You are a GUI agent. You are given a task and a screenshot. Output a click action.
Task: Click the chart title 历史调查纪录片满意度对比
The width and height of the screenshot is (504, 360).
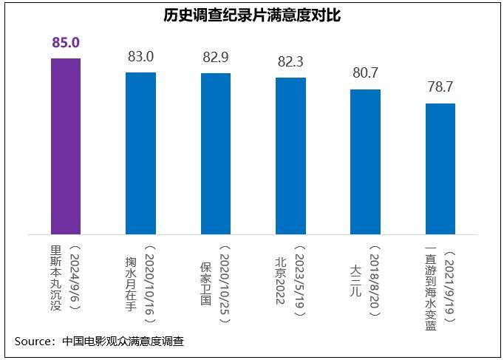[252, 15]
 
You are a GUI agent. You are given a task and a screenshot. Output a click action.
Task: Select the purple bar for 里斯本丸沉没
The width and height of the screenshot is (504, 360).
[66, 146]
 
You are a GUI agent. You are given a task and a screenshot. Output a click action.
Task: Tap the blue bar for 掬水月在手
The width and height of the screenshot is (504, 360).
[140, 153]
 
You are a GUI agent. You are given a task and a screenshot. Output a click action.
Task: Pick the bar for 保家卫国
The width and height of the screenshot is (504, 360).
[215, 154]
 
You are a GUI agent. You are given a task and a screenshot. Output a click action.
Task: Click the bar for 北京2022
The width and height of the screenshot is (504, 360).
[290, 155]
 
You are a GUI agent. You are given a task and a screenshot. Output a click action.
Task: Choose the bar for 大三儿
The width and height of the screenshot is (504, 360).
[365, 162]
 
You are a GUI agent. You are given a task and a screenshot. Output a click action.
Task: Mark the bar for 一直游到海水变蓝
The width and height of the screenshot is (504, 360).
[440, 169]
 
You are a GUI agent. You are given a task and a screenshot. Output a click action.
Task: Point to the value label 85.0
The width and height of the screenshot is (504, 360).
[66, 43]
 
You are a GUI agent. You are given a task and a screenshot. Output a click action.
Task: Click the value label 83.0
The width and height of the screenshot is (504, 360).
[140, 56]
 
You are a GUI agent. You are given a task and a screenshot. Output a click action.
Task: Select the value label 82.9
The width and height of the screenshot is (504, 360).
[215, 57]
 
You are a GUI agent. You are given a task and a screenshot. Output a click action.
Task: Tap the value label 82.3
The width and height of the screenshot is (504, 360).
[290, 61]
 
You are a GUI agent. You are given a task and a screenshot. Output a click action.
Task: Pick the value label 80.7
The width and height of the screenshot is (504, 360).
[365, 73]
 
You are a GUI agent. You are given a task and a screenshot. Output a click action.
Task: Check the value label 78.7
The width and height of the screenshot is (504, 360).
[440, 87]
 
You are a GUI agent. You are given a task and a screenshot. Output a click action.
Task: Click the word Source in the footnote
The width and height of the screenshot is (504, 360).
[33, 342]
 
